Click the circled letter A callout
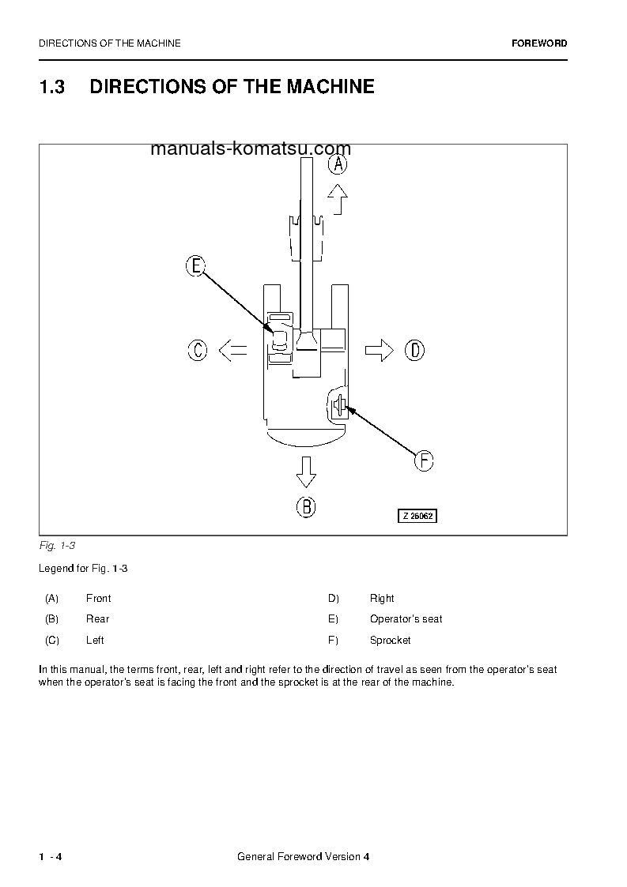click(x=338, y=164)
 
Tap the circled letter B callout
click(x=306, y=506)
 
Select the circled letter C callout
click(x=198, y=350)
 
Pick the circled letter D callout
click(x=414, y=350)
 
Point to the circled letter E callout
click(x=195, y=266)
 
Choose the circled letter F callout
click(x=425, y=460)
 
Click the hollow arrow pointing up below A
click(x=338, y=199)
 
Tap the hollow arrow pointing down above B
click(x=306, y=472)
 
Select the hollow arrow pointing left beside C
click(x=232, y=350)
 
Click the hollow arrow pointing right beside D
click(x=380, y=350)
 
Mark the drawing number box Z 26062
click(x=417, y=516)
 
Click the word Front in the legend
click(x=98, y=599)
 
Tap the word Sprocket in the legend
click(x=390, y=641)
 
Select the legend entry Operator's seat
click(x=406, y=619)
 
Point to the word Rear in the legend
click(x=97, y=619)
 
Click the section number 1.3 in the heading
click(x=51, y=87)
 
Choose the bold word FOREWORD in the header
click(x=539, y=43)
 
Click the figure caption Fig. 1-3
click(x=57, y=546)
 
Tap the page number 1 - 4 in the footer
click(x=51, y=857)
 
